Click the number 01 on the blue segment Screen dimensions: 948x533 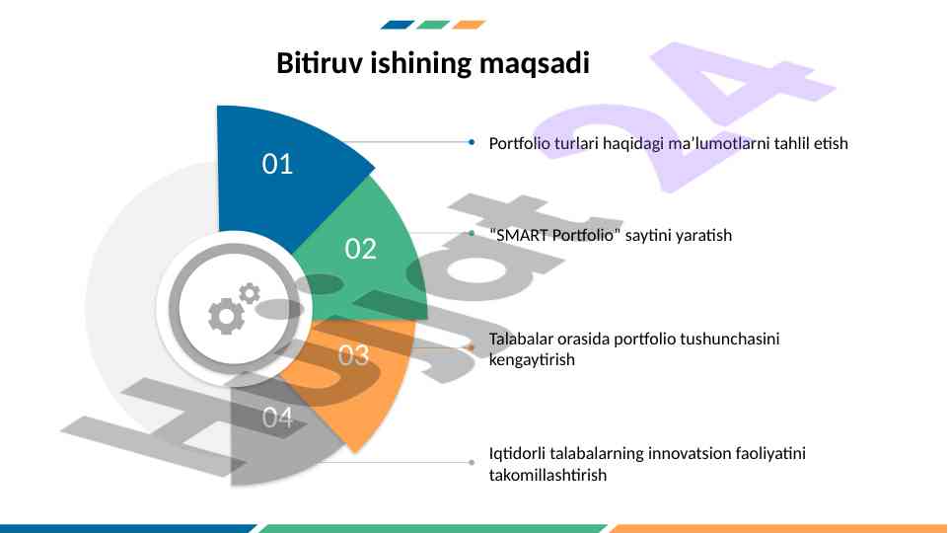pos(277,164)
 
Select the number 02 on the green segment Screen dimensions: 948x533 pos(361,249)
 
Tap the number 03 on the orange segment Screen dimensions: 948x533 pos(354,355)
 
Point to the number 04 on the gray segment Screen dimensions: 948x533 pos(277,418)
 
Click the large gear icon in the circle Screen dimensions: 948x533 pos(226,316)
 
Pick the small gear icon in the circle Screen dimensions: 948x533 pos(250,293)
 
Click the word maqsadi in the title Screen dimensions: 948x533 pos(535,63)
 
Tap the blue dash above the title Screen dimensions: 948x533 pos(398,25)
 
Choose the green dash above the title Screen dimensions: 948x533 pos(433,25)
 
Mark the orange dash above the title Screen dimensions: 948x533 pos(470,25)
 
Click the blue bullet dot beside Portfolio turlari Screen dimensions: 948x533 pos(472,142)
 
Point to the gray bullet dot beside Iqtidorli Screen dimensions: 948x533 pos(472,463)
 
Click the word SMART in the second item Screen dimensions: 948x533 pos(522,235)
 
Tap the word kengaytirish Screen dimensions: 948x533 pos(532,360)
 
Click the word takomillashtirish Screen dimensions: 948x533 pos(547,475)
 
